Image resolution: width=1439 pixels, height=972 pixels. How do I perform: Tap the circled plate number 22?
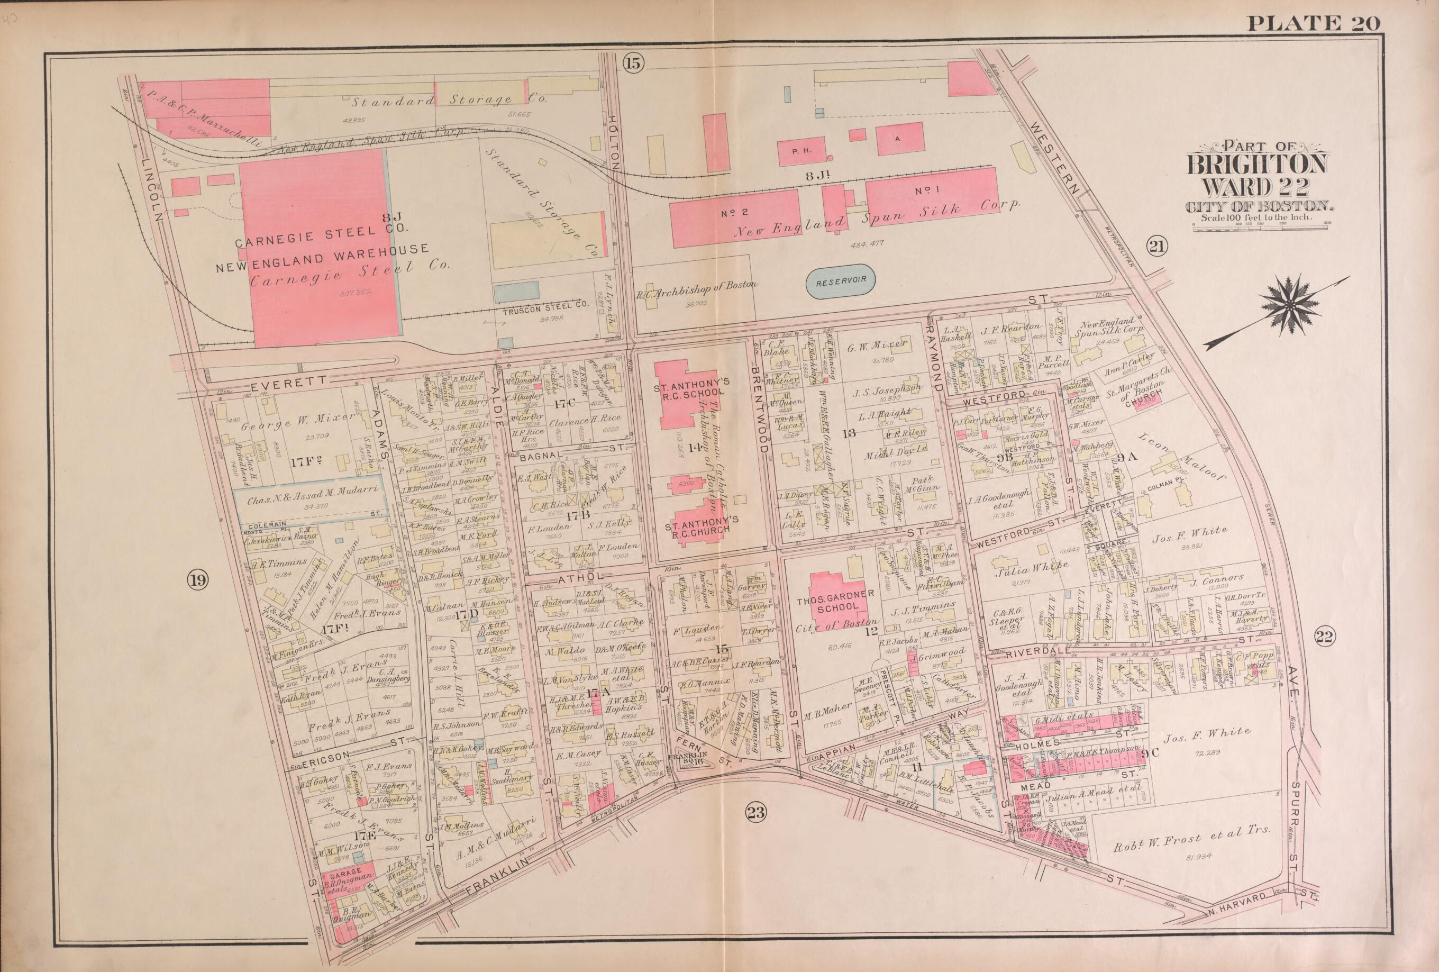click(1327, 637)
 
